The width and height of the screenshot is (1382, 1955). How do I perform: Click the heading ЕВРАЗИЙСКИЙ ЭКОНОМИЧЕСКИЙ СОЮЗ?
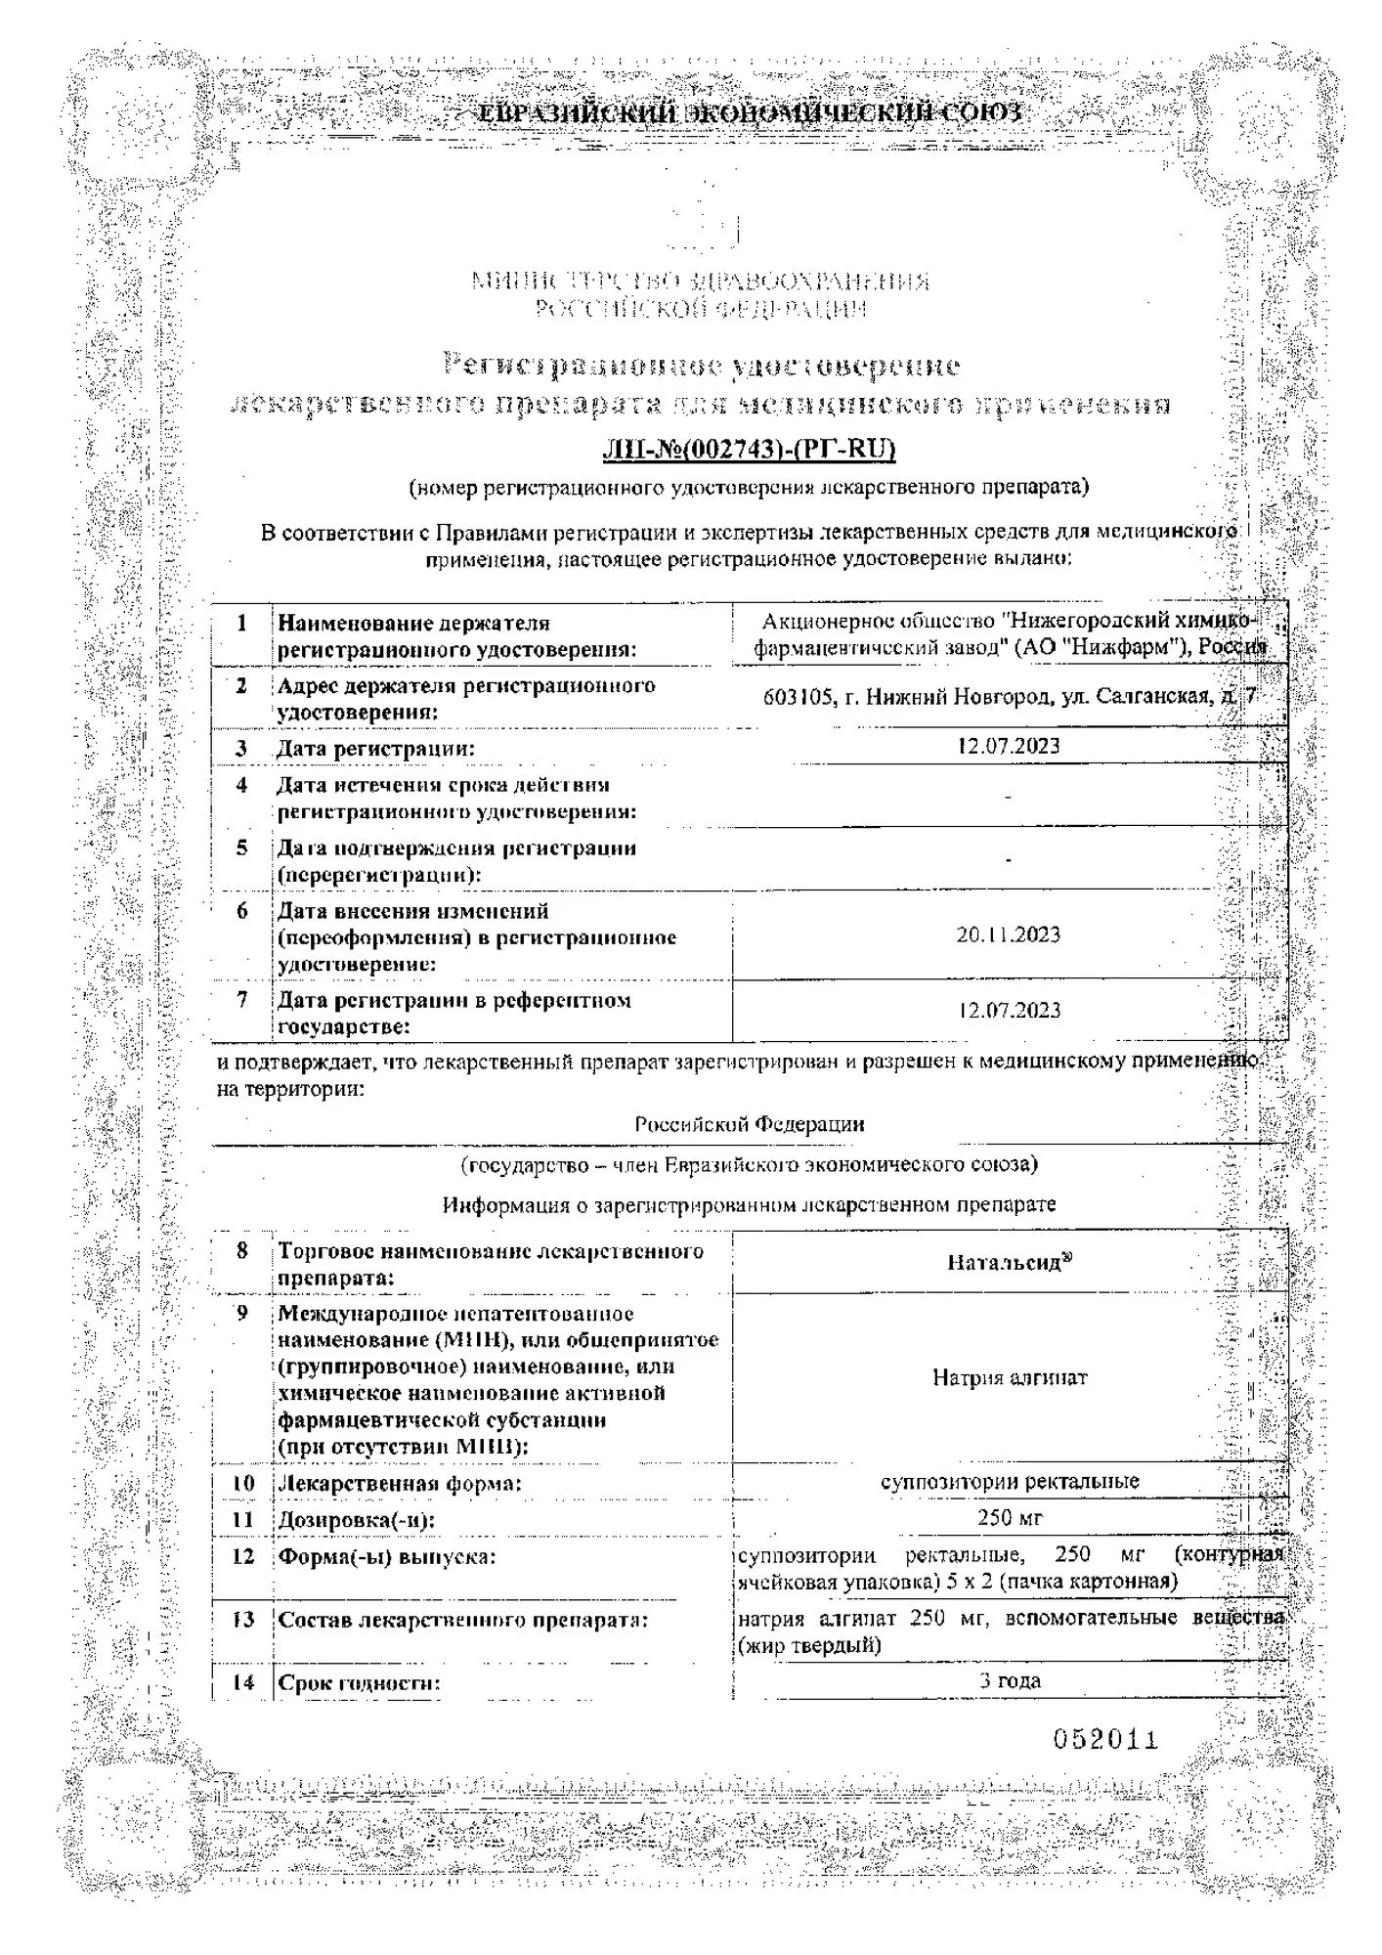point(748,114)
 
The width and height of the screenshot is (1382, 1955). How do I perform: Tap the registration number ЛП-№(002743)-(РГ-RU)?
point(749,450)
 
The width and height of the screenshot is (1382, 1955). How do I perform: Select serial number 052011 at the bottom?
point(1105,1739)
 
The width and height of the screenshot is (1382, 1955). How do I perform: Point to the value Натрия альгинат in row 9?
point(1009,1378)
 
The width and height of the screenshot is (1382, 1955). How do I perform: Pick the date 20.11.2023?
point(1009,935)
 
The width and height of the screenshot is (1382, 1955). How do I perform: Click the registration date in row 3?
point(1009,747)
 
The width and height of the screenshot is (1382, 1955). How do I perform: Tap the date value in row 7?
point(1009,1011)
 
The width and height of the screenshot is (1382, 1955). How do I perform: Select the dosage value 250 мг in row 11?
point(1010,1518)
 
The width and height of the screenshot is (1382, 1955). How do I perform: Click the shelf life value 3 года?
point(1010,1681)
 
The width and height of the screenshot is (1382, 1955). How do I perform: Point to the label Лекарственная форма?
point(400,1484)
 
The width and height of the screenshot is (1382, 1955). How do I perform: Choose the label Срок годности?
point(360,1683)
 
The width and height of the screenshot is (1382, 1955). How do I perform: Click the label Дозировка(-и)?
point(357,1520)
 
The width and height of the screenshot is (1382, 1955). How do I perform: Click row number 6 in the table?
point(241,911)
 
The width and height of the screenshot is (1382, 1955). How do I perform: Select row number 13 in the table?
point(242,1620)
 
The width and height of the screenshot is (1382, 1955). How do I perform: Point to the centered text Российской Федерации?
point(749,1124)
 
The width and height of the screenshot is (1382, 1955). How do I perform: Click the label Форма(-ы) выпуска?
point(387,1556)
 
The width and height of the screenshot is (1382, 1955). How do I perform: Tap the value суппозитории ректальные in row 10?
point(1010,1481)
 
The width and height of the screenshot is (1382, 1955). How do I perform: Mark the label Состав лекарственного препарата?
point(463,1620)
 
